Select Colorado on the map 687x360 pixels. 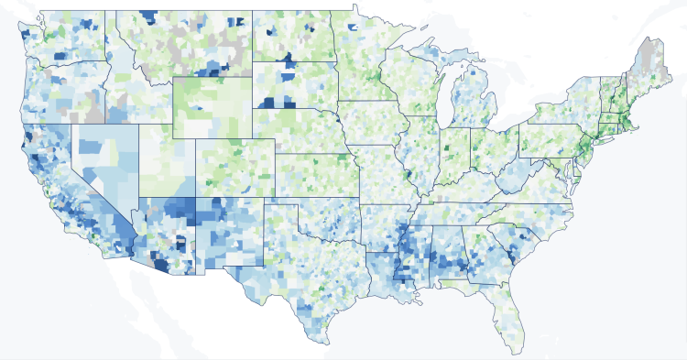click(x=234, y=165)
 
